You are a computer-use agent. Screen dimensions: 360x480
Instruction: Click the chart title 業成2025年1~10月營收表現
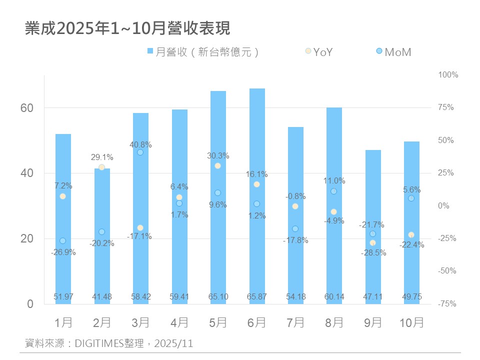(127, 28)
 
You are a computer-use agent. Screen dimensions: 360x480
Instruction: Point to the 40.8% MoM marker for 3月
(140, 152)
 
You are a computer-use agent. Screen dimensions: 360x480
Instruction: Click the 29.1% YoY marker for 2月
(101, 167)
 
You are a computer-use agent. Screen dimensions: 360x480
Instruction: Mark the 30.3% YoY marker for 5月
(217, 165)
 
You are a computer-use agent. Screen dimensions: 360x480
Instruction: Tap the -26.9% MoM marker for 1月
(62, 240)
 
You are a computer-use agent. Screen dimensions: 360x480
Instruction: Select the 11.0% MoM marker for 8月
(333, 191)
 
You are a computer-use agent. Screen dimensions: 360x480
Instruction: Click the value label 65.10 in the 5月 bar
(217, 296)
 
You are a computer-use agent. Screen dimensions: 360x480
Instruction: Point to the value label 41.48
(101, 296)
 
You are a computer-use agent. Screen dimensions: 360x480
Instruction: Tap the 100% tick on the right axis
(448, 75)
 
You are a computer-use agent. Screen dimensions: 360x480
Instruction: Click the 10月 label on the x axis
(411, 322)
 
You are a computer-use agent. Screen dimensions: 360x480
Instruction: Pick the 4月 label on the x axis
(179, 322)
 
